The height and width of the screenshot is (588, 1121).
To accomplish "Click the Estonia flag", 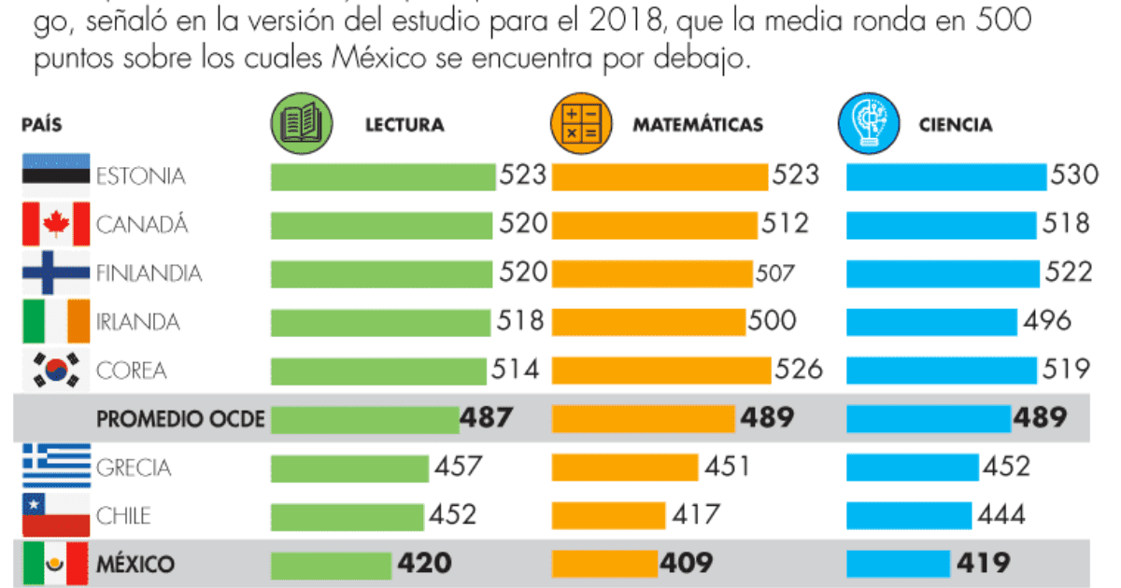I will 55,175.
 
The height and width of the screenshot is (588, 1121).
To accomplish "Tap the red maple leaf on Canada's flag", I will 55,224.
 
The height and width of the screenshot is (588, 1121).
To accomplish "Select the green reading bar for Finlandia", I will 381,273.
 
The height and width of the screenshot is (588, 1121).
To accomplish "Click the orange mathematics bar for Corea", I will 660,370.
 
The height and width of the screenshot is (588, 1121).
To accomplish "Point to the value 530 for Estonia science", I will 1074,175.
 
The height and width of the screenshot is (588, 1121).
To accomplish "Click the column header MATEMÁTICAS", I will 698,125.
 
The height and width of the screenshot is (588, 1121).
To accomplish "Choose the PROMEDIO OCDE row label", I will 181,419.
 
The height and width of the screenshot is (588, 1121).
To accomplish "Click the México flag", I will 55,563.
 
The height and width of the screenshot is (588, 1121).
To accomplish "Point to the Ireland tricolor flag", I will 55,321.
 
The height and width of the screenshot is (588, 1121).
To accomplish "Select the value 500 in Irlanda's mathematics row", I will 772,321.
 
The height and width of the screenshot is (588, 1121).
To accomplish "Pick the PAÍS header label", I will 42,125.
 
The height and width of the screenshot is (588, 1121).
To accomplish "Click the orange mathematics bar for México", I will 604,563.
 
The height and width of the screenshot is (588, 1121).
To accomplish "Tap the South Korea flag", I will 55,371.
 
